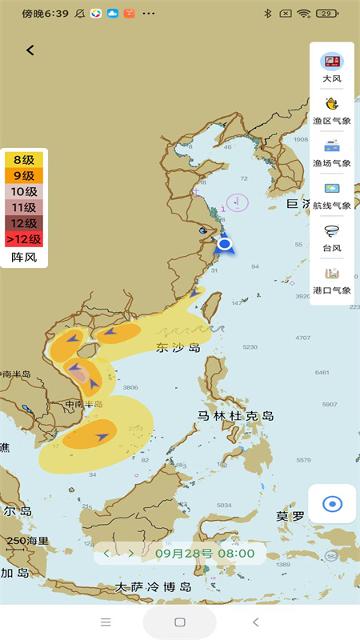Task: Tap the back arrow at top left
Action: point(30,50)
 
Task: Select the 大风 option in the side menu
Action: point(332,67)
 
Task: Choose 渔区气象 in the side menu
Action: point(332,110)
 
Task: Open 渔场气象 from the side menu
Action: point(332,152)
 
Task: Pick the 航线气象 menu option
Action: point(332,194)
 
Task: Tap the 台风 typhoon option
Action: point(332,237)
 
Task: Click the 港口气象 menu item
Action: point(332,279)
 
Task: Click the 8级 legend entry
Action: point(24,159)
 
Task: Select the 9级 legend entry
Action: point(24,175)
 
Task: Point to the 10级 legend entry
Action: point(24,191)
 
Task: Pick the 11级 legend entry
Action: point(24,207)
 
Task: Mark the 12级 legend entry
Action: point(24,223)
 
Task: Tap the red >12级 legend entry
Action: point(24,238)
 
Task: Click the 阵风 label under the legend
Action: point(24,257)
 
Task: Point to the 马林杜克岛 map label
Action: point(236,416)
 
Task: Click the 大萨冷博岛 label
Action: point(154,586)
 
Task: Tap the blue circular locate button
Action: point(332,504)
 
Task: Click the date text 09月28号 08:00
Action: point(205,553)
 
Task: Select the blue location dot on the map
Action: point(225,243)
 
